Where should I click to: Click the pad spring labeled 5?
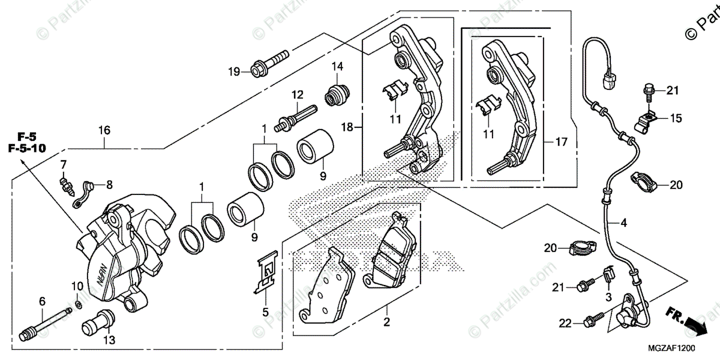(266, 274)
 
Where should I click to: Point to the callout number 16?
(105, 130)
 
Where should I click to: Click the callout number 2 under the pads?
(387, 322)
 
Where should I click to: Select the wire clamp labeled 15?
(646, 118)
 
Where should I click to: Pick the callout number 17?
(561, 143)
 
